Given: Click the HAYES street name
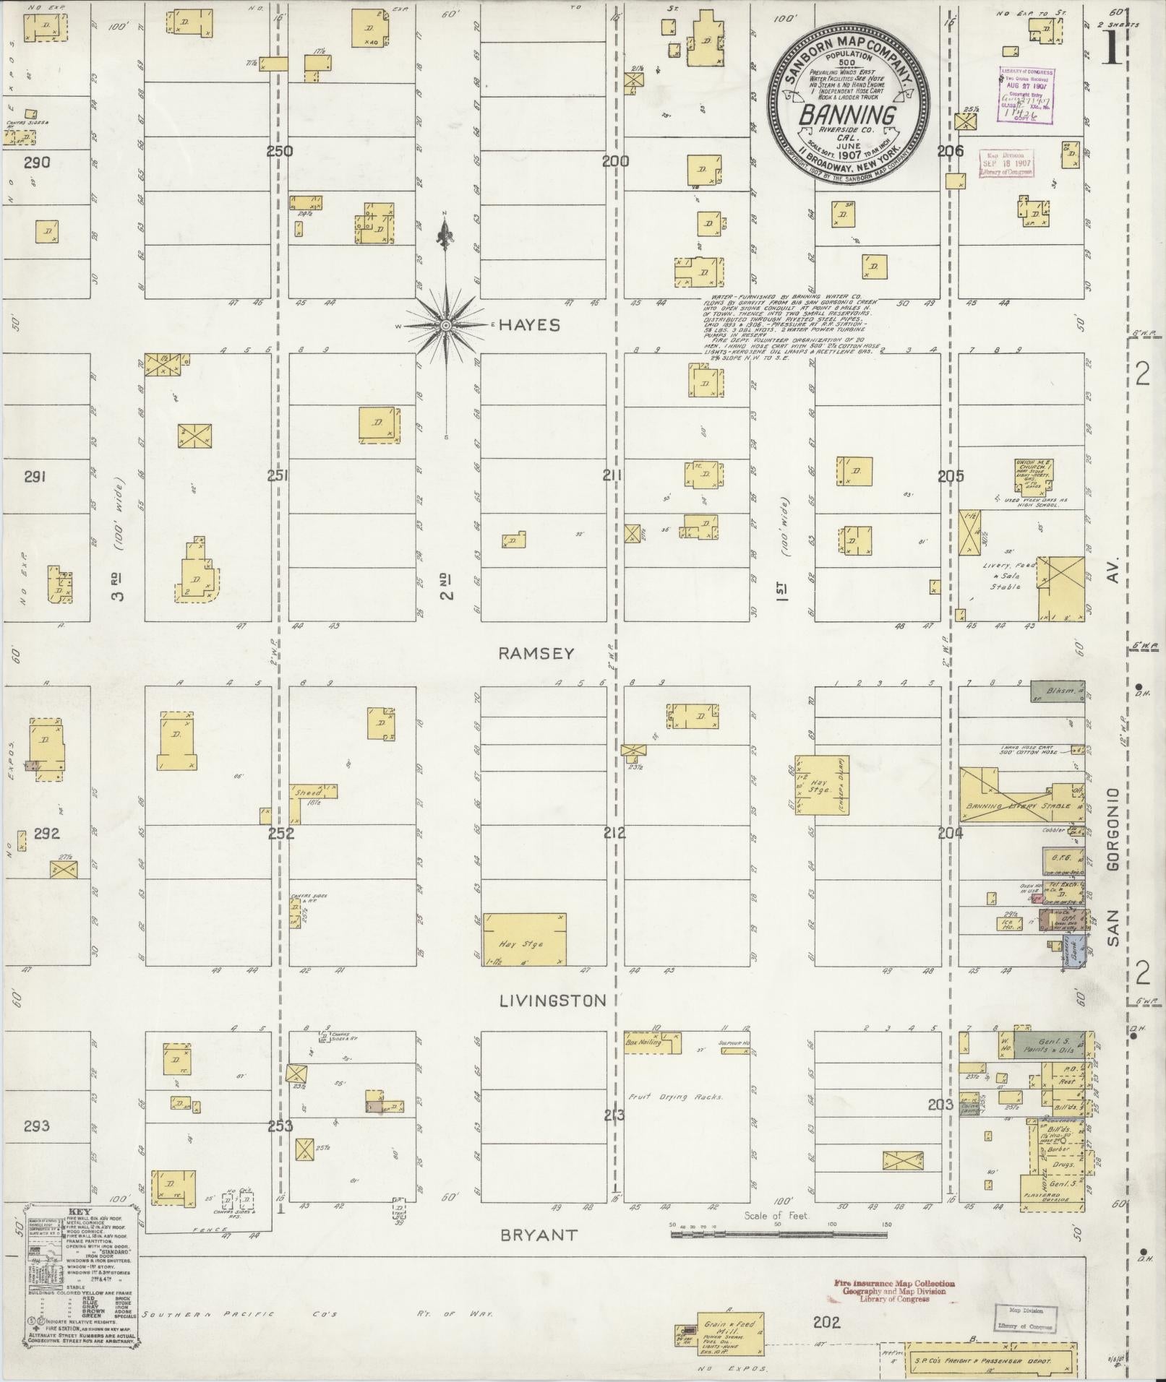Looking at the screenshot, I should pos(529,326).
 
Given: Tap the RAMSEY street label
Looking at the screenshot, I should pos(536,653).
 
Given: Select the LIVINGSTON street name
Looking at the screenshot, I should pos(552,1001).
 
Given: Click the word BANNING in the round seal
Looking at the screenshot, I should pos(847,115).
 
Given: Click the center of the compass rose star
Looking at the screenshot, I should pos(446,327).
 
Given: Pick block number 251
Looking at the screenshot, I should pos(278,475).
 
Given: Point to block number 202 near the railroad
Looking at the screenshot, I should pos(826,1322).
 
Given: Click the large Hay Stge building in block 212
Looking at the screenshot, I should pos(524,939).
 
